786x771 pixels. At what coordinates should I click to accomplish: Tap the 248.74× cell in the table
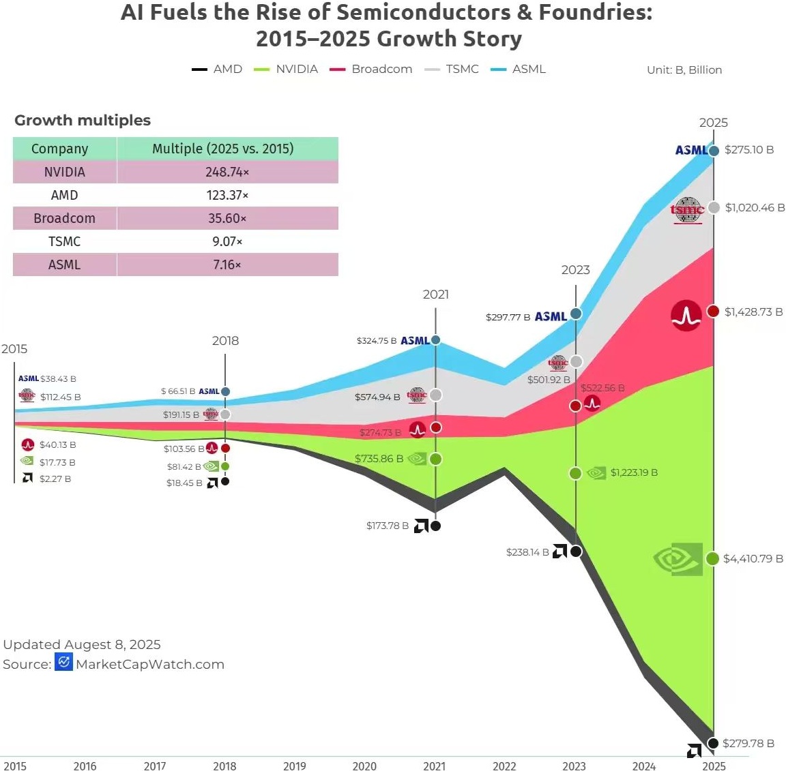pos(227,172)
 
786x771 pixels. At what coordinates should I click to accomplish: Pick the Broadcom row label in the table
pos(64,218)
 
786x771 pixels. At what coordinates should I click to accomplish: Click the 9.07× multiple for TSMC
pos(227,241)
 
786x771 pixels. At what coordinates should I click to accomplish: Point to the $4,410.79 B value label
pos(753,558)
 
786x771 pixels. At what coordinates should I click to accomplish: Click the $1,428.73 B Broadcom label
pos(753,312)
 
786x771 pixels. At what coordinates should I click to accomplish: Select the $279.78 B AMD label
pos(748,743)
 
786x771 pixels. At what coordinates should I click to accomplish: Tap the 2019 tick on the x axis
pos(294,766)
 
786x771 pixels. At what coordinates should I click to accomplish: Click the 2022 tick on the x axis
pos(504,766)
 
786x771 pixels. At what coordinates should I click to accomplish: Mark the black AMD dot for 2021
pos(435,526)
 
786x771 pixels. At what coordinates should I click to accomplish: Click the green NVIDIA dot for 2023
pos(575,473)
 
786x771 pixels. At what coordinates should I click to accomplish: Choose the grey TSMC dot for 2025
pos(714,207)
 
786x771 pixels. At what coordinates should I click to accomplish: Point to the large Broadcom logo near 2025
pos(686,316)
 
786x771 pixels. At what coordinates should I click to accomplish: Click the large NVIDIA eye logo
pos(678,559)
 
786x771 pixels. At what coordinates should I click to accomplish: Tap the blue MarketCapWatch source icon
pos(63,662)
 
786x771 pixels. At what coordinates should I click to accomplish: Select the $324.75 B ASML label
pos(376,340)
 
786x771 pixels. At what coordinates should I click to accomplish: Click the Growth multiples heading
pos(83,120)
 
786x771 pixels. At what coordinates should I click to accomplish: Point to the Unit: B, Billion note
pos(684,70)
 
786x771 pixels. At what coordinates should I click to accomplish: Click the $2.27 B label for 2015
pos(55,479)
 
